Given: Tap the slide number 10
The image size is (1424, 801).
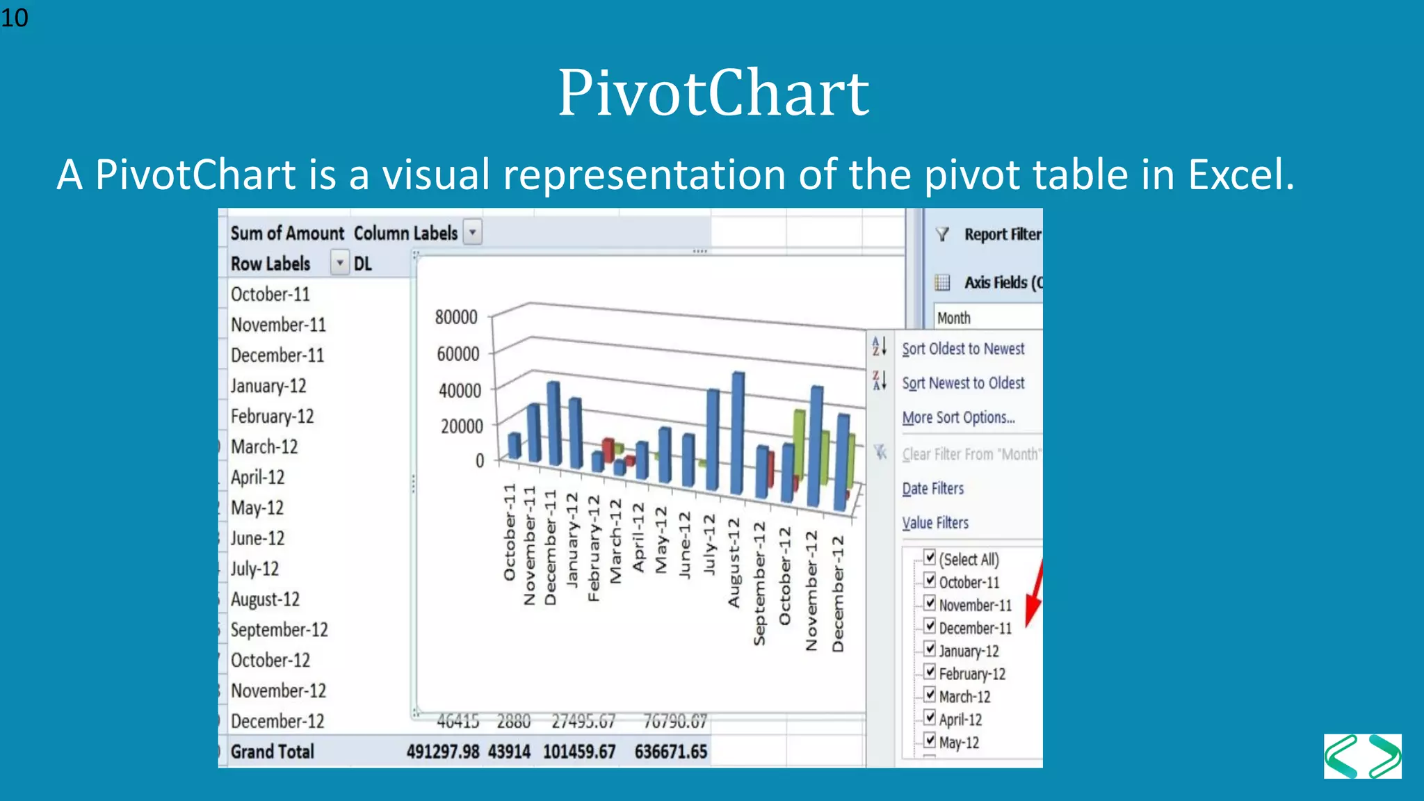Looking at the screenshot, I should point(15,17).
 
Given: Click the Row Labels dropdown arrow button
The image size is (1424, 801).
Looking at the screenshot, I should point(339,264).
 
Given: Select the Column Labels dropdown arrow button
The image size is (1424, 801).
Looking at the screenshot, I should point(473,232).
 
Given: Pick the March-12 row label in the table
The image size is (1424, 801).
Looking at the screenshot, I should point(264,446).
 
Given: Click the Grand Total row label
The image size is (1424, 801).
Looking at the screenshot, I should point(272,752).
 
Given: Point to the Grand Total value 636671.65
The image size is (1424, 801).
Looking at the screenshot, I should point(670,752).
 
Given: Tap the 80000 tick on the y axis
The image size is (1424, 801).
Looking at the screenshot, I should point(456,317).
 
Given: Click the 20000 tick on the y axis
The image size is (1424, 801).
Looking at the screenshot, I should point(461,426).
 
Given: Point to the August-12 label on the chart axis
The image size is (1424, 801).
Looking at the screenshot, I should point(734,563).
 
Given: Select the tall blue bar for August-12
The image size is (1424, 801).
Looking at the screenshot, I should point(737,431).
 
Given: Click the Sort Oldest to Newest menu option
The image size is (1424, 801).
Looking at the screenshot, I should point(963,348).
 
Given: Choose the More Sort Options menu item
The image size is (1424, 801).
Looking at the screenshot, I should point(958,417).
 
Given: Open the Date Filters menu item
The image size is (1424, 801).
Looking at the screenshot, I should point(933,488).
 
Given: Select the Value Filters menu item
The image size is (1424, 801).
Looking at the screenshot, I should point(935,523).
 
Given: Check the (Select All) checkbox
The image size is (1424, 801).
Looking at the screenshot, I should point(930,557).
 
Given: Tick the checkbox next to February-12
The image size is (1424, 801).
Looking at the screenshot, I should point(930,672).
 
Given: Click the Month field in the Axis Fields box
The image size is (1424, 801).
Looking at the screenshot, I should point(954,318).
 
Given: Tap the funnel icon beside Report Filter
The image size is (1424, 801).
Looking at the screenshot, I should point(942,234).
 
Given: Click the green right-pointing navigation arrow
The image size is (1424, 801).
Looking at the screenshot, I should point(1384,756).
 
